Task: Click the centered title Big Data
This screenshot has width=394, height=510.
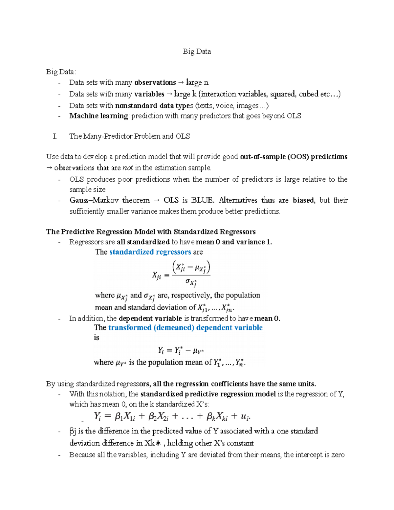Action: click(x=197, y=52)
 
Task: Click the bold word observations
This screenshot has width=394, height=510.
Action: click(x=155, y=82)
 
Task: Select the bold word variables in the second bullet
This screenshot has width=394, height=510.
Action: click(x=149, y=94)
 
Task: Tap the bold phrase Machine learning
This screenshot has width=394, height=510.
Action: click(x=98, y=116)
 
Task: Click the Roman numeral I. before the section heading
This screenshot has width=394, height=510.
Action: click(x=55, y=136)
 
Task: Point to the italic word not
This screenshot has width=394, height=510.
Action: click(x=128, y=168)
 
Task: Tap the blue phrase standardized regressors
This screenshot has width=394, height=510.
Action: click(x=150, y=252)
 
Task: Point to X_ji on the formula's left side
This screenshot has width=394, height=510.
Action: click(x=157, y=276)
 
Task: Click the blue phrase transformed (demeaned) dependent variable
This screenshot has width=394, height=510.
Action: click(x=185, y=328)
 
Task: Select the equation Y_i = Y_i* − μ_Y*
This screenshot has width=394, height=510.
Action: click(x=181, y=351)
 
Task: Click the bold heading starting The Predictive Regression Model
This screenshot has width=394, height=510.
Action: click(x=151, y=232)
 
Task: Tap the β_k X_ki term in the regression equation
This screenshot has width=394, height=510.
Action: click(x=217, y=417)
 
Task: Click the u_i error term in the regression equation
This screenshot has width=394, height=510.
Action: click(x=245, y=417)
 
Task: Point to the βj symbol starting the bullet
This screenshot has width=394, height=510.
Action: click(x=73, y=431)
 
